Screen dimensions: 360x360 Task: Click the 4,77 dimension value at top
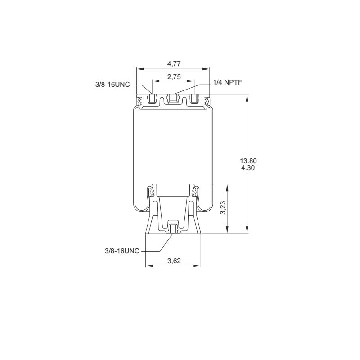click(174, 64)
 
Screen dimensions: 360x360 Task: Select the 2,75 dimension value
click(174, 77)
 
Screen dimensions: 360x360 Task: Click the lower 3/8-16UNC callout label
click(122, 251)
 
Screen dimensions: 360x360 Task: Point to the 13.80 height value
click(249, 161)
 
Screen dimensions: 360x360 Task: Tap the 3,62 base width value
click(174, 261)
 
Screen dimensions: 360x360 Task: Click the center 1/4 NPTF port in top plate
click(173, 99)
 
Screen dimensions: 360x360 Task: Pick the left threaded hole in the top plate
click(152, 99)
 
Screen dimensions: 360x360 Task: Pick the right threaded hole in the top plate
click(194, 99)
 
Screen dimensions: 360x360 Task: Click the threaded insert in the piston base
click(173, 229)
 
